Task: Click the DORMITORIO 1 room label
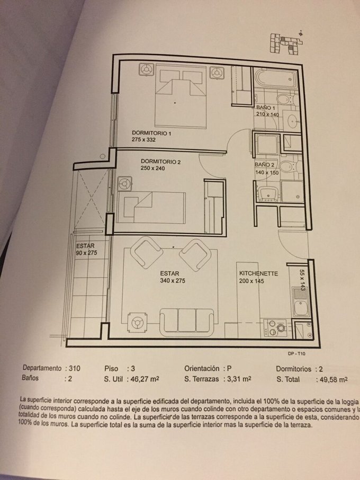151,133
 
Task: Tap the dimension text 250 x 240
152,168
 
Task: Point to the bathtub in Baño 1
276,78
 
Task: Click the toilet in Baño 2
287,167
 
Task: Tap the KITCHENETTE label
258,273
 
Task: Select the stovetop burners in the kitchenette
275,328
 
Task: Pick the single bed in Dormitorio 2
151,208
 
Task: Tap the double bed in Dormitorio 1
181,96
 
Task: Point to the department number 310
75,368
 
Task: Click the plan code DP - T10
296,353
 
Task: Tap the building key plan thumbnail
286,42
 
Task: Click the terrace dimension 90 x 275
87,253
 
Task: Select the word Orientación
202,368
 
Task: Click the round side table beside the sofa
137,322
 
